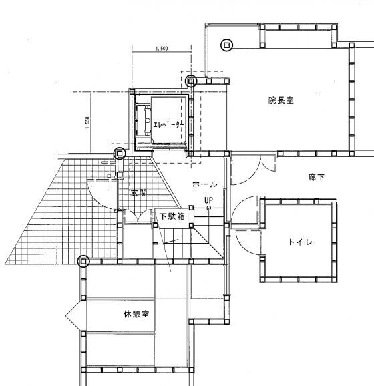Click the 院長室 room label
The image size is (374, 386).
280,100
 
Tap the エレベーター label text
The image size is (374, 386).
168,125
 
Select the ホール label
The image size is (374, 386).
204,184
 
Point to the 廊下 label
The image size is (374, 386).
317,177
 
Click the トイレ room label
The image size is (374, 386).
301,242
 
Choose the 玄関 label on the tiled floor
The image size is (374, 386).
139,193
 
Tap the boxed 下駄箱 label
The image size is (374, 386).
172,216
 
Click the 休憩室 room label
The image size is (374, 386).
136,314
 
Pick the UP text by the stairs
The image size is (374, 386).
209,200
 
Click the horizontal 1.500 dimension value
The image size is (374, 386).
162,49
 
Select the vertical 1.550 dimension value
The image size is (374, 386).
87,123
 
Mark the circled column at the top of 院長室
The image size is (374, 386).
227,45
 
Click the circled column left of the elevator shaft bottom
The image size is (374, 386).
120,154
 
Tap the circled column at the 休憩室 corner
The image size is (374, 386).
83,261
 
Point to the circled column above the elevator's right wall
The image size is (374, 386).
191,81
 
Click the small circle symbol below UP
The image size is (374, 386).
209,208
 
